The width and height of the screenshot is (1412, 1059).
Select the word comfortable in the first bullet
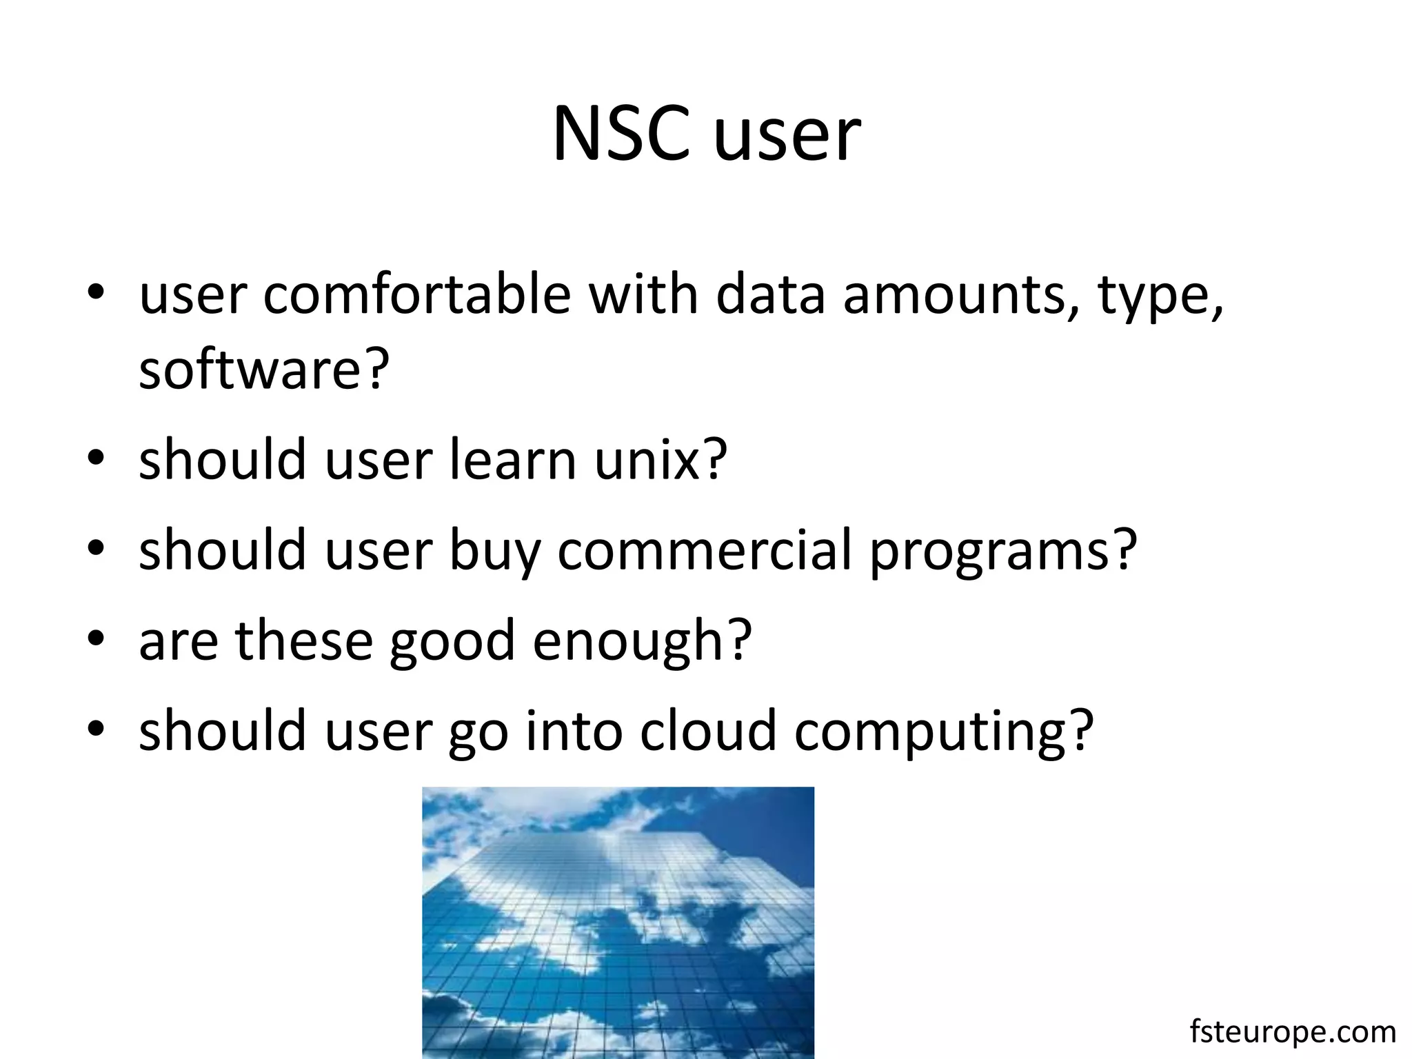pyautogui.click(x=416, y=295)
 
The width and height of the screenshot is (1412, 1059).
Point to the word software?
pyautogui.click(x=264, y=370)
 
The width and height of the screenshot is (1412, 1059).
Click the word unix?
pyautogui.click(x=660, y=460)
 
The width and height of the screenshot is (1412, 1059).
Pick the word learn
pyautogui.click(x=512, y=460)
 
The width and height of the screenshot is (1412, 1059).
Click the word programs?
pyautogui.click(x=1002, y=552)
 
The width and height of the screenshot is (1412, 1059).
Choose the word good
pyautogui.click(x=452, y=641)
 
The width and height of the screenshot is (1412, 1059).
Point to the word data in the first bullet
pyautogui.click(x=770, y=295)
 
